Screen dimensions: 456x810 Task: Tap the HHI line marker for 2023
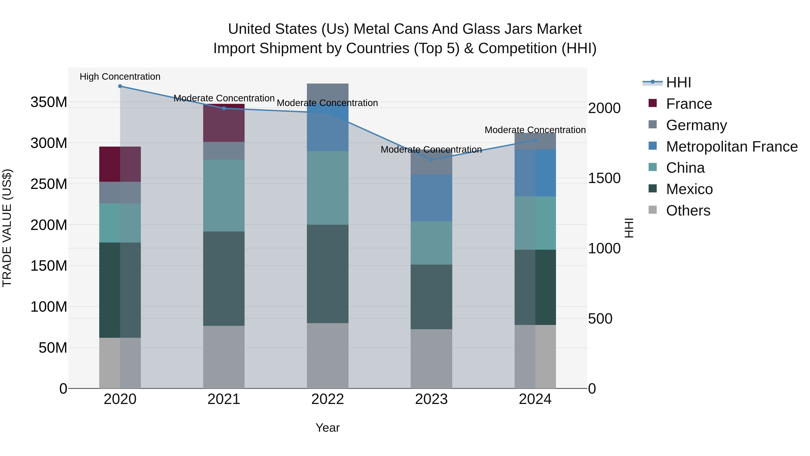[x=431, y=160]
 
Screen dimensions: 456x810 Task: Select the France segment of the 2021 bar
[x=224, y=123]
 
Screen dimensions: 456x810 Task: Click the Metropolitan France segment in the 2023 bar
[x=431, y=198]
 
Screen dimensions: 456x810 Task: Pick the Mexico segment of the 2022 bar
[x=327, y=274]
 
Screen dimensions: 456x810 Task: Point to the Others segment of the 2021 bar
[x=224, y=357]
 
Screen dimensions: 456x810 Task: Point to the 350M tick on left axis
[x=49, y=102]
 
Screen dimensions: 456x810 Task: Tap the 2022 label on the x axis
[x=327, y=399]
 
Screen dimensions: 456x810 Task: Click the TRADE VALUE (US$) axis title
[x=7, y=228]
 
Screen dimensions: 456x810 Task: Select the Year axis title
[x=327, y=428]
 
